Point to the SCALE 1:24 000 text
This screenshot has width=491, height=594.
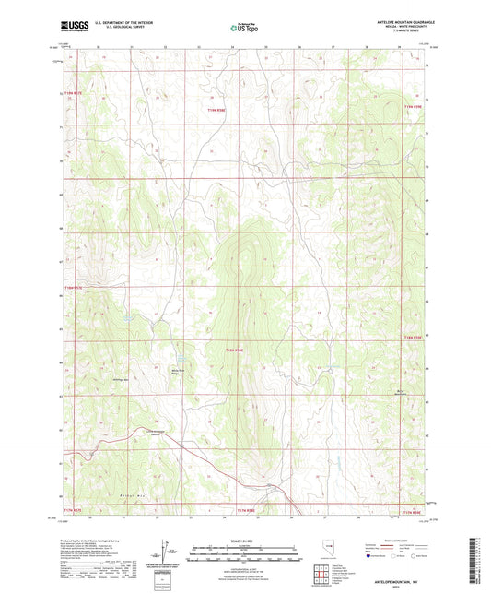(x=244, y=541)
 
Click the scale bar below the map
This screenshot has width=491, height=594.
(x=244, y=548)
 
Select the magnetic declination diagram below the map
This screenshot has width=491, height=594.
(x=165, y=548)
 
